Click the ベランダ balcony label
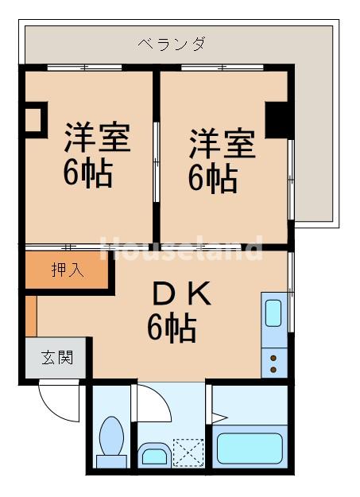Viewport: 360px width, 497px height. click(171, 43)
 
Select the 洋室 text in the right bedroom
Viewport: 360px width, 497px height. click(222, 145)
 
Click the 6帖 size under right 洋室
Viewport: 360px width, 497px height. click(212, 179)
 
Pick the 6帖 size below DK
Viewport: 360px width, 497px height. click(172, 327)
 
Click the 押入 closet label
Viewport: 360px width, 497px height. click(68, 270)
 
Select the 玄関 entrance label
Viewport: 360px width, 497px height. click(57, 357)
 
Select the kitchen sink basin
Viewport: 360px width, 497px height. click(273, 312)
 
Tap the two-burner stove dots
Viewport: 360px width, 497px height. click(273, 363)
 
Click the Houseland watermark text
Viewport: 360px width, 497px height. click(181, 250)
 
